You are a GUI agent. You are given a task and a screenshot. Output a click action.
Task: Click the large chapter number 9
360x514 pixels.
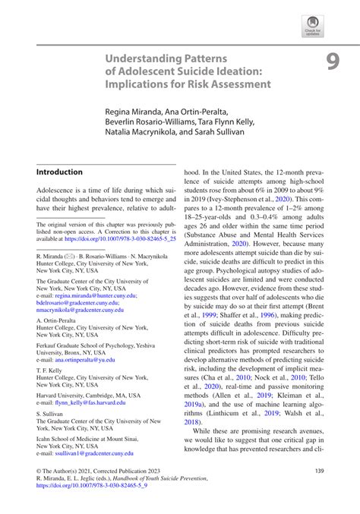click(x=333, y=62)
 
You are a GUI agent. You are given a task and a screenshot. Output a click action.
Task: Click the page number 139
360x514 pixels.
click(x=318, y=471)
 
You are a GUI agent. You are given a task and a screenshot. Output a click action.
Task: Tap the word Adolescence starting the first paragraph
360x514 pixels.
click(x=59, y=194)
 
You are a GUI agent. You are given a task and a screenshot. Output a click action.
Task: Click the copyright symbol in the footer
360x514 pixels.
click(x=39, y=471)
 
